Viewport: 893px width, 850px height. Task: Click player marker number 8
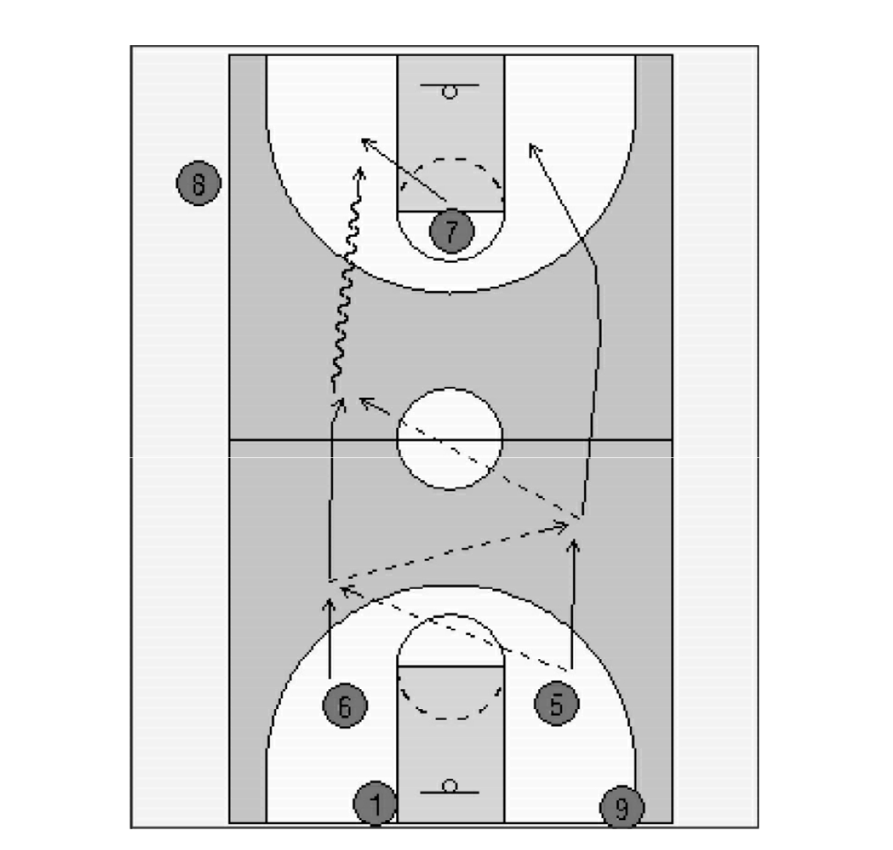click(198, 183)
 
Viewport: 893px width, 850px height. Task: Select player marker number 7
click(451, 230)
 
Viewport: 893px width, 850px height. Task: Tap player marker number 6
click(345, 705)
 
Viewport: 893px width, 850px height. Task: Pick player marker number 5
click(556, 703)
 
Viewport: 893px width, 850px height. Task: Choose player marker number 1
click(376, 803)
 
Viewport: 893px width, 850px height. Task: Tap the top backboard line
click(449, 85)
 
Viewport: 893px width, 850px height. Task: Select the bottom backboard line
click(449, 793)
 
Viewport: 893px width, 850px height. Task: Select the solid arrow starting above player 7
click(403, 170)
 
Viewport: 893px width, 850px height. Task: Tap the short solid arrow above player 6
click(330, 638)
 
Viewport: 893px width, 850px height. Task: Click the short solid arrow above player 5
click(573, 604)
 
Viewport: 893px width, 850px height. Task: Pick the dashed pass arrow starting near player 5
click(454, 628)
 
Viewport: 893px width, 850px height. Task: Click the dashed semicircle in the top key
click(450, 159)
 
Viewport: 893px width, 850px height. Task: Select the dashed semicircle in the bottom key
click(450, 719)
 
